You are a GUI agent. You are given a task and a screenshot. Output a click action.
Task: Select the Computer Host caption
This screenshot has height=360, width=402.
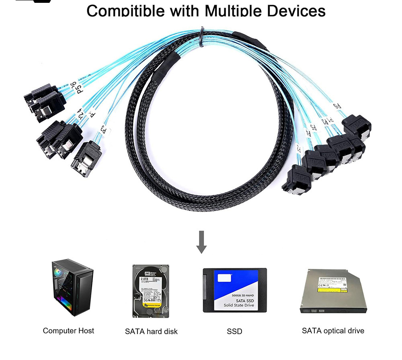tap(68, 331)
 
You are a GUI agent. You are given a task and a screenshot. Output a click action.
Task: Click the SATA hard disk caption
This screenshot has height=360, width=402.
tap(151, 331)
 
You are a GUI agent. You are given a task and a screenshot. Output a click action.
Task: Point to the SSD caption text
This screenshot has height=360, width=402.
tap(235, 331)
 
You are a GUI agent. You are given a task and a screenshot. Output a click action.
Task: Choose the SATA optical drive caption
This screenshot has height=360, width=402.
tap(333, 331)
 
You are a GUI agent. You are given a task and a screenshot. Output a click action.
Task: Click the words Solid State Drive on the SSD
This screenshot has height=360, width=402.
tap(239, 305)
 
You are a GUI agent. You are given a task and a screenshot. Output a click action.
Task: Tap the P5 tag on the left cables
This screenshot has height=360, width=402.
tap(79, 89)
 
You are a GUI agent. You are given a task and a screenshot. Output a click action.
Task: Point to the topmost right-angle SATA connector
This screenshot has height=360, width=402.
tap(357, 125)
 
